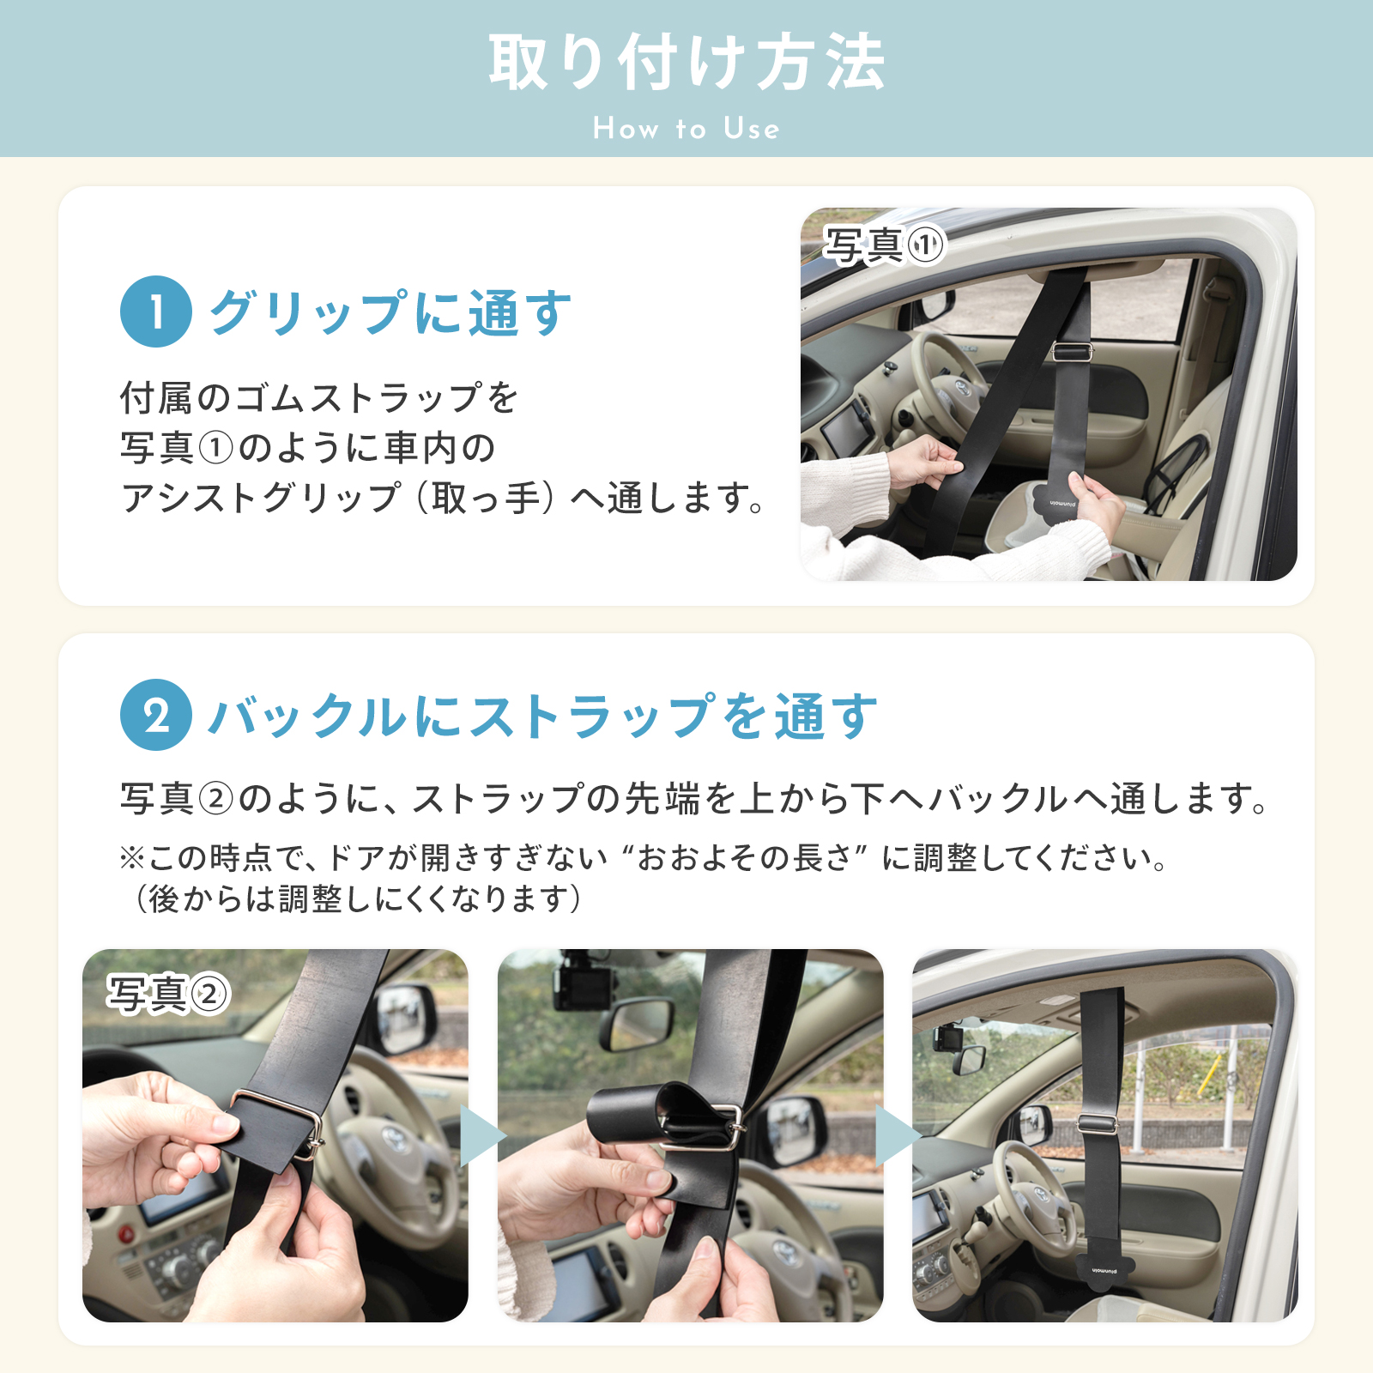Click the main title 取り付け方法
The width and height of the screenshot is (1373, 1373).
click(x=686, y=62)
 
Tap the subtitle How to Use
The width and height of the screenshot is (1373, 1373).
click(x=686, y=129)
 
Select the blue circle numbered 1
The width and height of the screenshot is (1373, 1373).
click(x=156, y=311)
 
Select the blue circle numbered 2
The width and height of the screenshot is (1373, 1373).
click(x=156, y=715)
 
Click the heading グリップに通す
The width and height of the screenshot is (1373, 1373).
click(x=390, y=312)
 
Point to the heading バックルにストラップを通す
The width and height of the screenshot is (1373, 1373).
click(x=544, y=716)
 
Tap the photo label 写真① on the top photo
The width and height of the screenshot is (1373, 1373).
click(x=884, y=245)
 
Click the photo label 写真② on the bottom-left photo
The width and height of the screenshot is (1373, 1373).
click(x=168, y=995)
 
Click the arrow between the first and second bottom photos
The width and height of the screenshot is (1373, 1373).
click(x=482, y=1136)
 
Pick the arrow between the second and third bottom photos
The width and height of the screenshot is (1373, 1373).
click(x=898, y=1136)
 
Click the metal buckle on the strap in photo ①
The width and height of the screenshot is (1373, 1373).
click(x=1073, y=352)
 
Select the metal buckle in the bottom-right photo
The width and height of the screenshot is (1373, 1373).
click(x=1098, y=1123)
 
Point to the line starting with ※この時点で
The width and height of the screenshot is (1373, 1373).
click(x=644, y=857)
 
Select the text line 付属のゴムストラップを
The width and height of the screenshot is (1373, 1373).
click(x=319, y=397)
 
